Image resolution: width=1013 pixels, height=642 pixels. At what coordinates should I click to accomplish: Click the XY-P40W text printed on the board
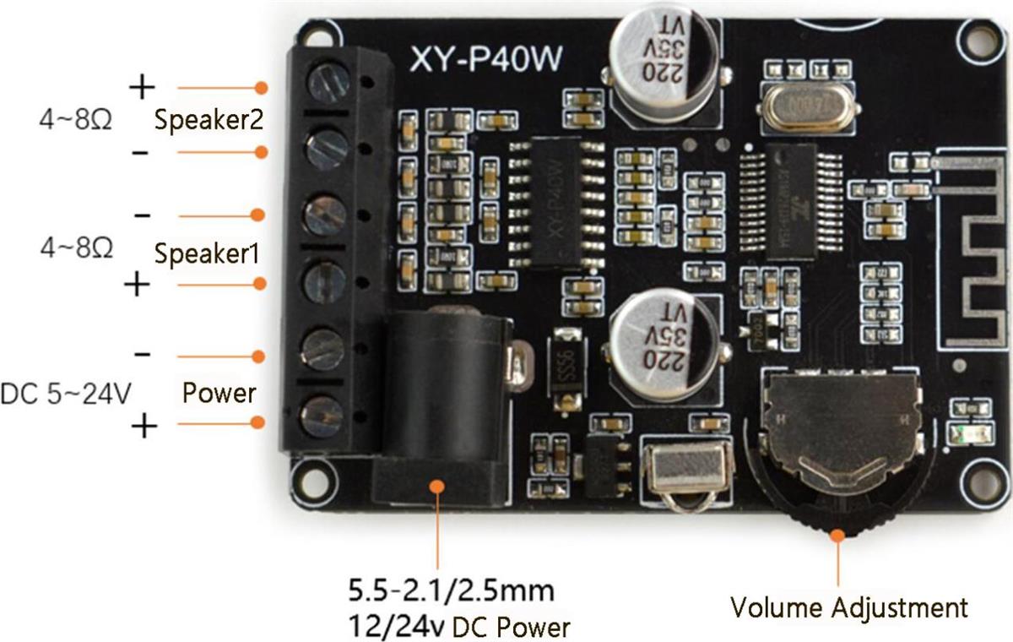coord(486,60)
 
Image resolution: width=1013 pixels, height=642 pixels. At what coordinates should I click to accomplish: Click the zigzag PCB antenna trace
coord(971,253)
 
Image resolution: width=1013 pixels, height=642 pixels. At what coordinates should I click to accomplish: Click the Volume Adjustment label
coord(848,607)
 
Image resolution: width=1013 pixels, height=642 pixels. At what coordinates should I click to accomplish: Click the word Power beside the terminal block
coord(219,393)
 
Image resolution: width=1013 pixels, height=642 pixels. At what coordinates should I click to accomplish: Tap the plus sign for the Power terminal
coord(144,427)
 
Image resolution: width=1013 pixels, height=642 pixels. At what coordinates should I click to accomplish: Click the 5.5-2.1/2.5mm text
coord(452,588)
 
